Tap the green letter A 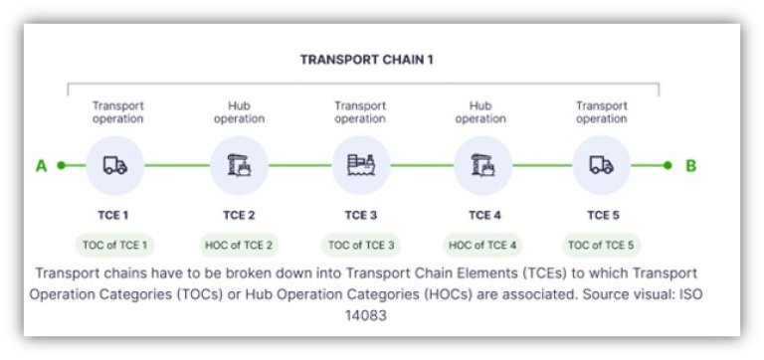[x=42, y=166]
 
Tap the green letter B [x=691, y=166]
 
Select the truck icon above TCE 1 [x=116, y=166]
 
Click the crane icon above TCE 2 [x=239, y=166]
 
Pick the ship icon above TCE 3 [x=360, y=166]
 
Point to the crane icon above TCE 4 [x=482, y=166]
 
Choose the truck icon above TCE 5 [x=602, y=166]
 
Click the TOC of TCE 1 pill [x=116, y=245]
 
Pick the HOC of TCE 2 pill [x=239, y=245]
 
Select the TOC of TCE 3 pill [x=360, y=245]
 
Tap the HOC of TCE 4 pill [x=482, y=245]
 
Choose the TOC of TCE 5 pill [x=602, y=245]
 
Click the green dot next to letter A [x=61, y=166]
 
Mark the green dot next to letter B [x=668, y=166]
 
